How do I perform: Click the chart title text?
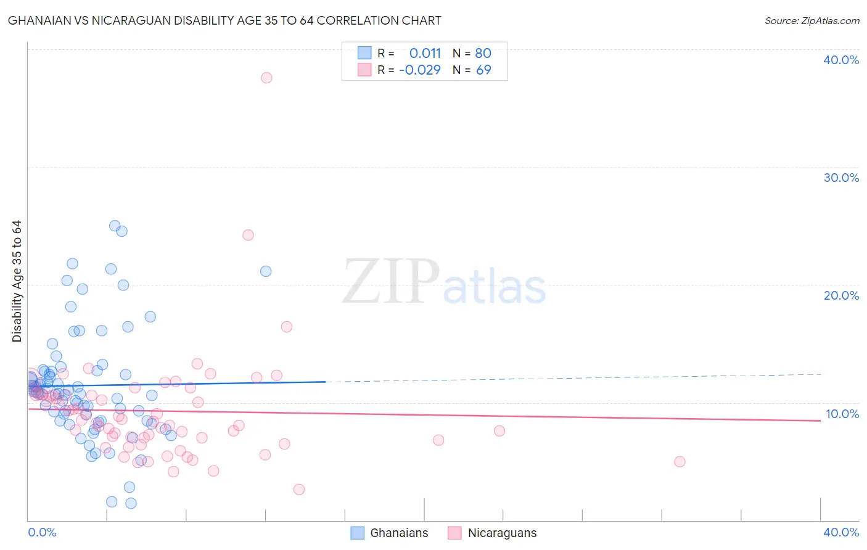tap(224, 20)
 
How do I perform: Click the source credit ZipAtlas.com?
tap(812, 21)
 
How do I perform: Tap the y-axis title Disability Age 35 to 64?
tap(17, 281)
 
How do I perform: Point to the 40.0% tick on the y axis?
tap(841, 60)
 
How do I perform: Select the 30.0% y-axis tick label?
tap(841, 178)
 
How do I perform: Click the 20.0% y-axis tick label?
tap(841, 295)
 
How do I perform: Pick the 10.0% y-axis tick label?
tap(842, 414)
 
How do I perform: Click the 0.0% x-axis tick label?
tap(42, 532)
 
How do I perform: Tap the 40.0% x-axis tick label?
tap(841, 532)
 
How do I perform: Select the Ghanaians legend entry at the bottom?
tap(390, 533)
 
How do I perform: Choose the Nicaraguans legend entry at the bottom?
tap(493, 533)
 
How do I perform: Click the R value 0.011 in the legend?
tap(425, 53)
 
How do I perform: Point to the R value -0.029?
tap(420, 70)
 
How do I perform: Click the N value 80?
tap(483, 53)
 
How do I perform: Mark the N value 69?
tap(483, 70)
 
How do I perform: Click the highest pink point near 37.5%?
tap(266, 78)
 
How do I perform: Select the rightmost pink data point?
tap(680, 462)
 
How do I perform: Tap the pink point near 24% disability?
tap(248, 235)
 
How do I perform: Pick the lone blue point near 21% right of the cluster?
tap(266, 271)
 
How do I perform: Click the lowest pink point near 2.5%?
tap(299, 490)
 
